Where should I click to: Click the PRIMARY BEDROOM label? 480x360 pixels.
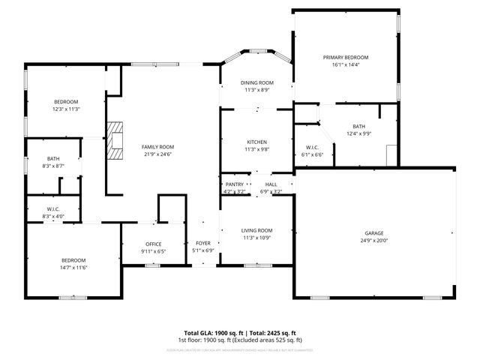(346, 58)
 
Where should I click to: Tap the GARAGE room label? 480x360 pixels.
(374, 234)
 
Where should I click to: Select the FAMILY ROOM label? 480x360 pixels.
(158, 147)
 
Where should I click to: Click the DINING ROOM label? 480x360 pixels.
(256, 82)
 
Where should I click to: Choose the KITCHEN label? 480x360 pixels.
(256, 142)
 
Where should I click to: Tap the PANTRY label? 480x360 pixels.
(234, 184)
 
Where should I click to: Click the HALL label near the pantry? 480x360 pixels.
(271, 184)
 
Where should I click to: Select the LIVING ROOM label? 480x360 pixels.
(256, 231)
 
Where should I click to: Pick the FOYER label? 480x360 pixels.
(203, 244)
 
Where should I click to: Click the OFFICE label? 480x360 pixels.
(154, 244)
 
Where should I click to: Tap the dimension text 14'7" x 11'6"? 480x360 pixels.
(73, 267)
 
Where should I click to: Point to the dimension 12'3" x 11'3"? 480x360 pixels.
(66, 109)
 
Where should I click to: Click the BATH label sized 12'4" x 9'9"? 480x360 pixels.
(358, 127)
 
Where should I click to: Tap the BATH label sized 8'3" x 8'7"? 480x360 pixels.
(53, 158)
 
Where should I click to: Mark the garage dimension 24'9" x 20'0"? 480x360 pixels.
(374, 241)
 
